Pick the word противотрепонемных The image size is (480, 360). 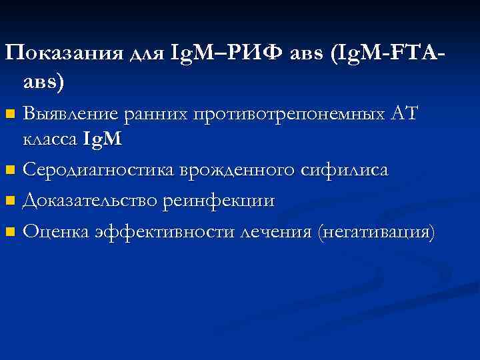pos(287,115)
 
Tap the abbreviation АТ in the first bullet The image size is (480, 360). pos(403,114)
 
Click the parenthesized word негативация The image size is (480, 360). pos(377,232)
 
